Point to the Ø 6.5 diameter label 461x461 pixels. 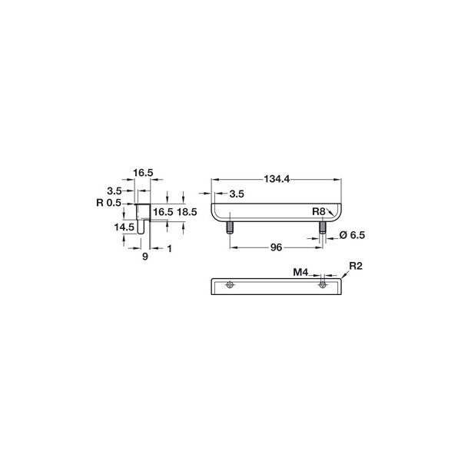pyautogui.click(x=352, y=235)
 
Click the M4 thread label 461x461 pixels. pyautogui.click(x=300, y=271)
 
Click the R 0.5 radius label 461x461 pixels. pyautogui.click(x=111, y=203)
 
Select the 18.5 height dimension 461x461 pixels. pyautogui.click(x=187, y=211)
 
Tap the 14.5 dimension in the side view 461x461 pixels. pyautogui.click(x=124, y=227)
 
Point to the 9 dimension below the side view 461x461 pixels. pyautogui.click(x=144, y=257)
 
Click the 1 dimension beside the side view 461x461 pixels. pyautogui.click(x=169, y=248)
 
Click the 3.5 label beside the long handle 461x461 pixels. pyautogui.click(x=236, y=194)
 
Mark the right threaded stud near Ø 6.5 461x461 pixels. pyautogui.click(x=321, y=227)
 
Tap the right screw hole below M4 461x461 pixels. pyautogui.click(x=323, y=285)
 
